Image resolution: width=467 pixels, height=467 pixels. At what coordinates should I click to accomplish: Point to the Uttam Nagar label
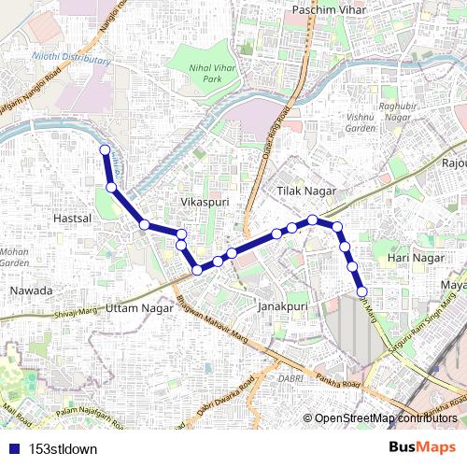coord(140,306)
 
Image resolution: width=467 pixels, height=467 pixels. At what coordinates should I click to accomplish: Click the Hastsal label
coord(71,217)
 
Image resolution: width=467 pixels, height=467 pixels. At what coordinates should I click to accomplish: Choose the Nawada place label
coord(31,290)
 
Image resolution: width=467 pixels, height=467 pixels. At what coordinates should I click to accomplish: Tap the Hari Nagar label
coord(413,256)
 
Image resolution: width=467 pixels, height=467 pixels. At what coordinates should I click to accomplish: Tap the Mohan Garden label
coord(13,257)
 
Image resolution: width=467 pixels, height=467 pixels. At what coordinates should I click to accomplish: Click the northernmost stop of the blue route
coord(105,150)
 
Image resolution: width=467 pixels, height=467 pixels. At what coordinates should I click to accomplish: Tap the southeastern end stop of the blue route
coord(361,292)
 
